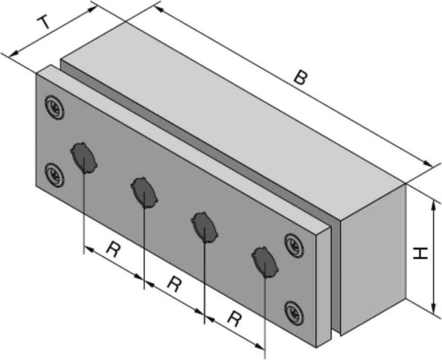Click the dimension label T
44,23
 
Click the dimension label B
299,78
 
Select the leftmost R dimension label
112,249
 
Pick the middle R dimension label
174,284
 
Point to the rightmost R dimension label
234,318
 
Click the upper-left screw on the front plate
55,106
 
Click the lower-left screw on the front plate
55,174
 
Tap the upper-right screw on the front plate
293,243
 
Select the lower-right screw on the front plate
293,311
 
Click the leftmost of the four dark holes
82,157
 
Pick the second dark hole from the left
143,192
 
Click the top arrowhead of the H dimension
434,205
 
